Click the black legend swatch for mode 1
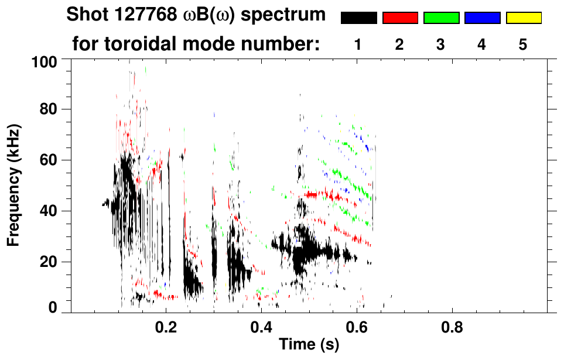358,18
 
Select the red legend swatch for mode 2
400,18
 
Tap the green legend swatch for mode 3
441,18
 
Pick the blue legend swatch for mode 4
482,18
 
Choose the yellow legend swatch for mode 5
524,18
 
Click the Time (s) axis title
308,345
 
